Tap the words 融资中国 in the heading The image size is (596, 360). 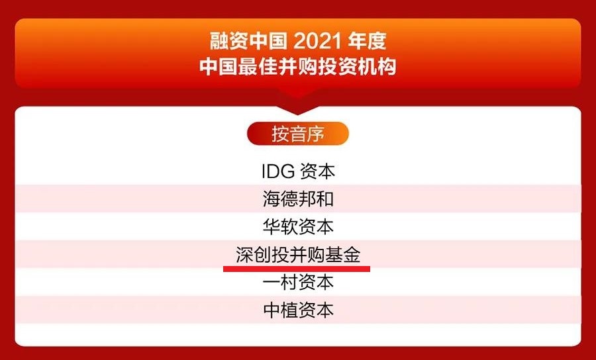(x=248, y=41)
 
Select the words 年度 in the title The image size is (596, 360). (x=367, y=41)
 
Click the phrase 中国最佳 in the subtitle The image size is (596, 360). (x=238, y=67)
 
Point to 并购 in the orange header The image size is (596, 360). (x=297, y=67)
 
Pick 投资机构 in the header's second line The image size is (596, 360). (x=357, y=67)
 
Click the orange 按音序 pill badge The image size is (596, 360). (x=297, y=134)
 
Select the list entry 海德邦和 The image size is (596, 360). (x=298, y=199)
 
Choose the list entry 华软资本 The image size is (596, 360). (x=298, y=227)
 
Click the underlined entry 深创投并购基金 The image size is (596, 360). (x=298, y=254)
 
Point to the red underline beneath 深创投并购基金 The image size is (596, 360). (x=297, y=269)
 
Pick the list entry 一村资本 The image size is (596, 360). (x=298, y=282)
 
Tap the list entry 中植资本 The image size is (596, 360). (x=298, y=310)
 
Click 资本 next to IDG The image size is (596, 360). (x=317, y=171)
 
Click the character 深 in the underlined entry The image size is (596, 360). (x=244, y=254)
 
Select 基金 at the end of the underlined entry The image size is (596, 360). (x=343, y=254)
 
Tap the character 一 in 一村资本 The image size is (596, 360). (x=271, y=283)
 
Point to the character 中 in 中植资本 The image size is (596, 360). (x=271, y=310)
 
